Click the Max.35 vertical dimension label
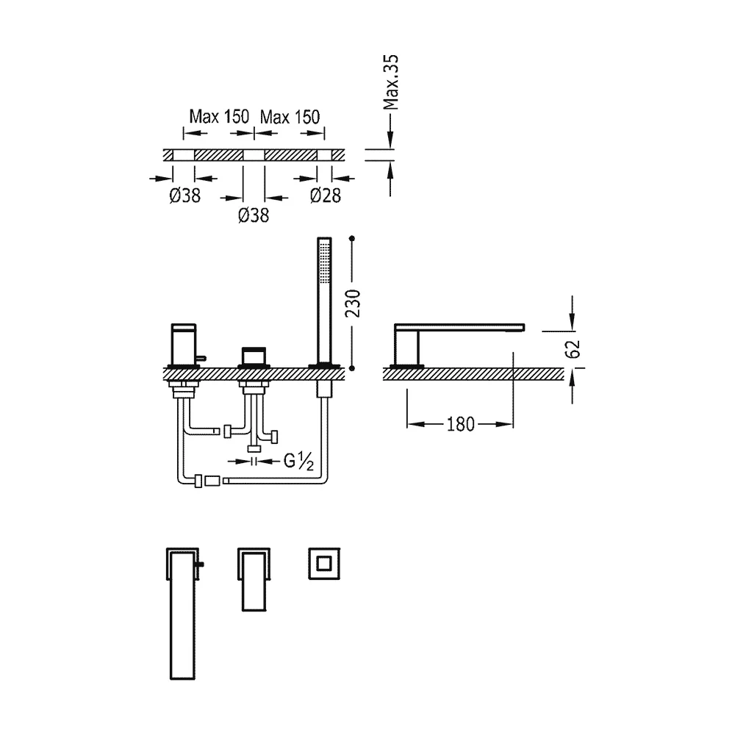tap(390, 82)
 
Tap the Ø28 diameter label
tap(326, 196)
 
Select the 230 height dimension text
tap(353, 304)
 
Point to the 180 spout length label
tap(460, 424)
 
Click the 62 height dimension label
tap(573, 349)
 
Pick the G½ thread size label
tap(298, 462)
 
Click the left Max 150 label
tap(219, 117)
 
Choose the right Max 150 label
tap(290, 117)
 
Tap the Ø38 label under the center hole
tap(254, 215)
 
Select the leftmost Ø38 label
tap(184, 196)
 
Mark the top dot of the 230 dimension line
tap(352, 239)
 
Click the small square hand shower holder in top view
tap(324, 564)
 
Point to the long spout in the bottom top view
tap(182, 614)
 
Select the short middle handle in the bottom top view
tap(254, 579)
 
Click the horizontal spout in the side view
tap(459, 327)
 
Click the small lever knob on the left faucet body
tap(202, 359)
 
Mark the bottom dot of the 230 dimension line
tap(352, 368)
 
